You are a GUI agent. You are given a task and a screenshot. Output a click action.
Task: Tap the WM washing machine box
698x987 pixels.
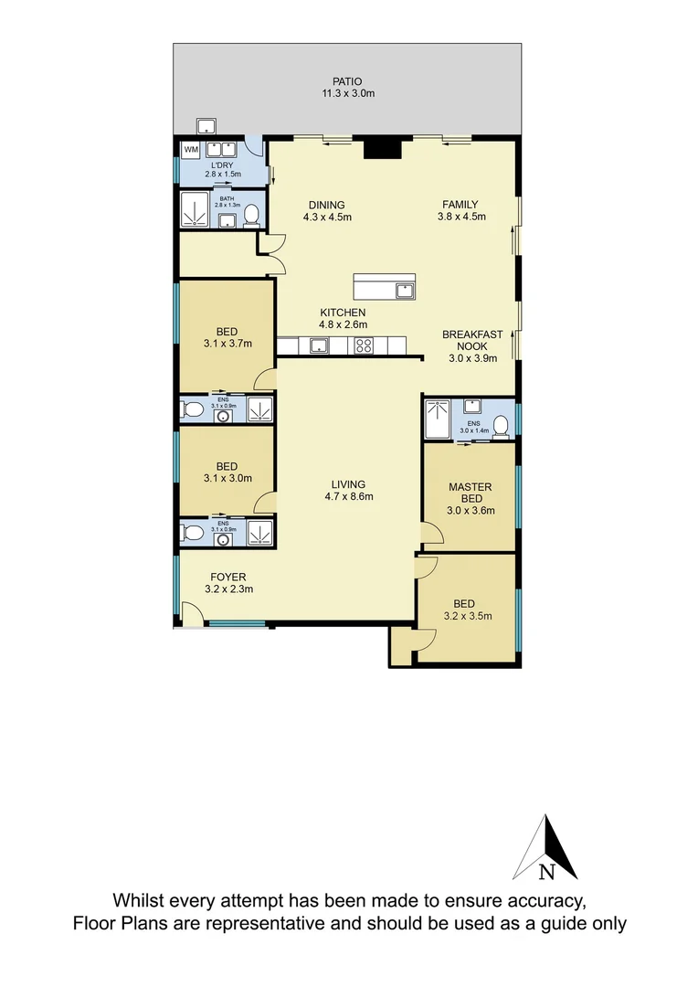(x=192, y=148)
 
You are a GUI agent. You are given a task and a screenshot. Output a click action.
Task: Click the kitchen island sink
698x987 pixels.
(x=403, y=291)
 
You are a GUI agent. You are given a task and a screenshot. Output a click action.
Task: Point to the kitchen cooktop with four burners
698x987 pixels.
(x=364, y=345)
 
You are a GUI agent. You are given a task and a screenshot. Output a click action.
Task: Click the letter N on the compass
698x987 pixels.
(x=546, y=871)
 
